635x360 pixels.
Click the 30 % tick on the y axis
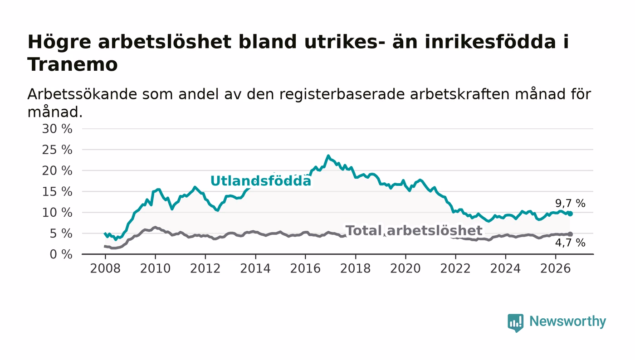coord(57,129)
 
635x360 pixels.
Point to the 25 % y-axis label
coord(57,150)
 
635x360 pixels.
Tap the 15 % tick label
coord(57,192)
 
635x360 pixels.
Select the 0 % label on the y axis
coord(61,254)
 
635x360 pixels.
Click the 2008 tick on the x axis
coord(105,268)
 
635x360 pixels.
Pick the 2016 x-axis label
coord(305,268)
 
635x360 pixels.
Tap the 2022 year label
coord(455,268)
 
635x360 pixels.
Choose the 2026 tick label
coord(555,268)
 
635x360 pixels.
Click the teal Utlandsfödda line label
coord(261,181)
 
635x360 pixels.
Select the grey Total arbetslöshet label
coord(414,230)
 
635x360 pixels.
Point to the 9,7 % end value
coord(570,203)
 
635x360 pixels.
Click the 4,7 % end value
coord(570,243)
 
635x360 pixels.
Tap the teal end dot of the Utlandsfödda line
coord(571,214)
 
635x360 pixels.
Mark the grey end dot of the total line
coord(571,234)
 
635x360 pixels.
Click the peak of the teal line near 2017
coord(328,156)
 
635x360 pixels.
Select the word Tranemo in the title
coord(73,65)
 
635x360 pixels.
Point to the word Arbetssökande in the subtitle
coord(82,94)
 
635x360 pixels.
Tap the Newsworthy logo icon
coord(515,323)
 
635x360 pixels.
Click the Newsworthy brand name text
coord(567,321)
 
